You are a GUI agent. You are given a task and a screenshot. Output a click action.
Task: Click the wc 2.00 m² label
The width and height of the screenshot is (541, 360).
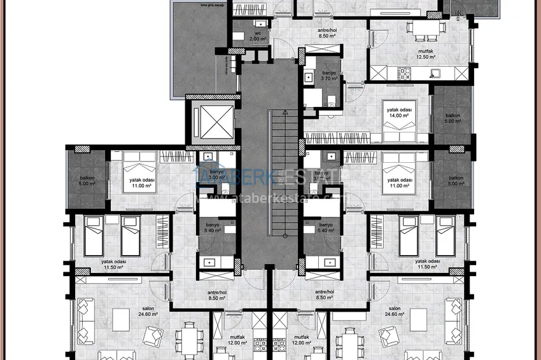[x=258, y=36]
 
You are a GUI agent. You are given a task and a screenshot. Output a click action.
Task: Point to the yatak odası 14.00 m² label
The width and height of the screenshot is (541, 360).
[x=399, y=113]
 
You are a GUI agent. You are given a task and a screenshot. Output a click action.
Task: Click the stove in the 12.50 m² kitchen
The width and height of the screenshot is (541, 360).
[x=404, y=74]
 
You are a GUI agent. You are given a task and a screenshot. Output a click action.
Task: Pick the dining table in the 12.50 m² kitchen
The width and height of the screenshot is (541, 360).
[x=421, y=28]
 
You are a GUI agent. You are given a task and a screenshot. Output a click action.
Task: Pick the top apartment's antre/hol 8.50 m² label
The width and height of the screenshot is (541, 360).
[x=327, y=33]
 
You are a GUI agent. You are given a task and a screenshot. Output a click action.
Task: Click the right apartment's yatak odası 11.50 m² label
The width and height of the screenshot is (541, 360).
[x=428, y=263]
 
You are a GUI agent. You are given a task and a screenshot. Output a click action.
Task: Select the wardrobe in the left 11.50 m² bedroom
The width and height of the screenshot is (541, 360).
[x=163, y=230]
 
